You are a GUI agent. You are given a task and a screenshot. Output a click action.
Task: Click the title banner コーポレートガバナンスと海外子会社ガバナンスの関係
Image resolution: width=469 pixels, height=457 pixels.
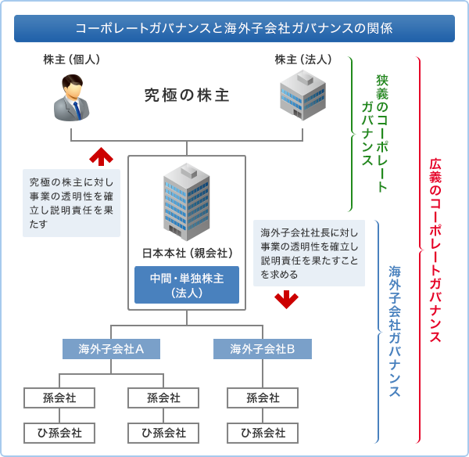click(234, 28)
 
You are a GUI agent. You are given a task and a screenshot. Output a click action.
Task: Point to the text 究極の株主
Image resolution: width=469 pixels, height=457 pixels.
click(187, 95)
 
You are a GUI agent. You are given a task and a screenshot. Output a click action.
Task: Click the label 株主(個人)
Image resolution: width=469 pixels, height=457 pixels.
click(72, 59)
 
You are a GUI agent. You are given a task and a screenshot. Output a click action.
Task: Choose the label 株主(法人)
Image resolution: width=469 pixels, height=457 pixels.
click(303, 59)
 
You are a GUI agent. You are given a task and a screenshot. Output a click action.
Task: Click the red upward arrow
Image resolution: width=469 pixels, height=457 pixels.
click(101, 156)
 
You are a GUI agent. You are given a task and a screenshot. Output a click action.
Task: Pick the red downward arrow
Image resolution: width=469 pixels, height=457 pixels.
click(287, 298)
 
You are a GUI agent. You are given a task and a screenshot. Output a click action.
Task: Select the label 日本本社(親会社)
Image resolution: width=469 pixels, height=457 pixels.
click(187, 253)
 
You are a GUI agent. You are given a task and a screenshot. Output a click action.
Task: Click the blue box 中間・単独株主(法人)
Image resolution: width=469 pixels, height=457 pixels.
click(187, 285)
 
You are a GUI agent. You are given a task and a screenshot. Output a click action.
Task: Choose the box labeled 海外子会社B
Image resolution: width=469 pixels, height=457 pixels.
click(263, 349)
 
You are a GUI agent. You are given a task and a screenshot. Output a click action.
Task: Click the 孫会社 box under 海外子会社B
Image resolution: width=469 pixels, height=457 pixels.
click(263, 398)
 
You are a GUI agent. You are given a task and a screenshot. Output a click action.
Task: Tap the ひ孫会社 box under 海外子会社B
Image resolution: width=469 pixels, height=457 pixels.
click(263, 432)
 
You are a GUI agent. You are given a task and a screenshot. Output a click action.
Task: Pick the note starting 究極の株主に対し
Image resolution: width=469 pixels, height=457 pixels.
click(71, 202)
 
